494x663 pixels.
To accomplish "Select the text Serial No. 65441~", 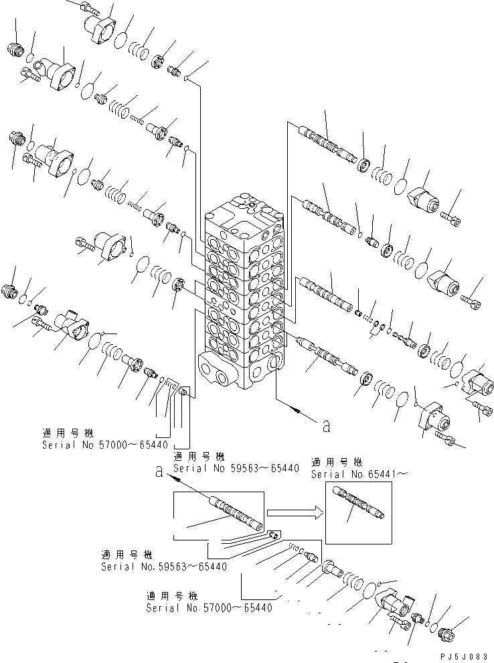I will click(347, 474).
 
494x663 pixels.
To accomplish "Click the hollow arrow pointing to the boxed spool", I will click(295, 513).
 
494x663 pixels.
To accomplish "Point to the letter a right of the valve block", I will click(326, 425).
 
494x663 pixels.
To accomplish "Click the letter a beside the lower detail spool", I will click(159, 471).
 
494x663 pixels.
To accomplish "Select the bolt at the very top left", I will click(88, 8).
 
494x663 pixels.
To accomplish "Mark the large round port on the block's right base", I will click(274, 364).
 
